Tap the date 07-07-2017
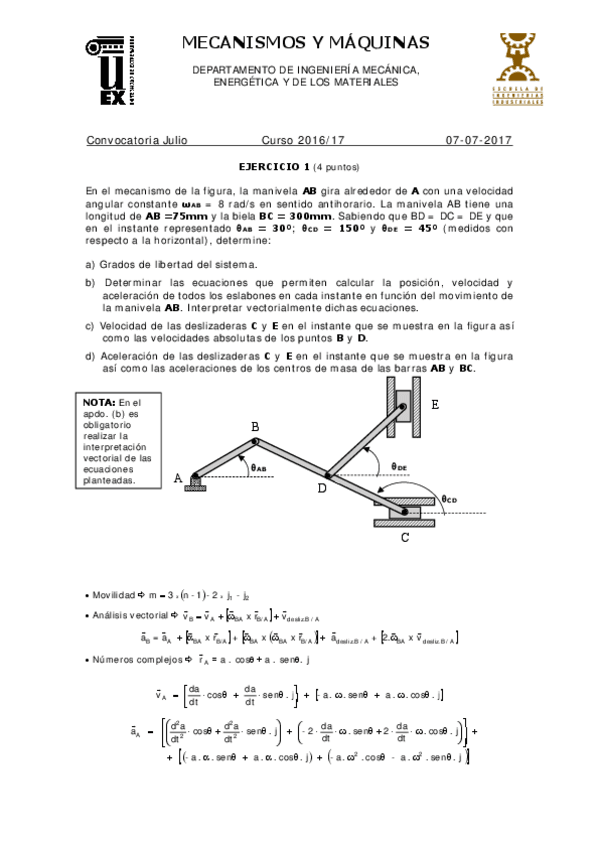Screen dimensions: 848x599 (479, 141)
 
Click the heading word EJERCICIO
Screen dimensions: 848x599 (273, 167)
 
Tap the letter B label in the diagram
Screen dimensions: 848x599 (255, 428)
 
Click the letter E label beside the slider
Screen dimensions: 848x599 (435, 405)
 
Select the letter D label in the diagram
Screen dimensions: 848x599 (321, 489)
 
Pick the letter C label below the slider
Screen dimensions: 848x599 (405, 538)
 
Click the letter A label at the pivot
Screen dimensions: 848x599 (179, 479)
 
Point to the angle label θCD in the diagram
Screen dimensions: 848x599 (449, 499)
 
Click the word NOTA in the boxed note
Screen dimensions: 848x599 (100, 402)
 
